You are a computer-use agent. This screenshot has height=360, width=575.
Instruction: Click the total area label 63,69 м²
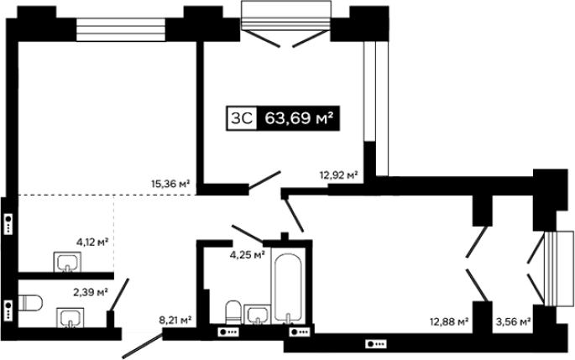[299, 118]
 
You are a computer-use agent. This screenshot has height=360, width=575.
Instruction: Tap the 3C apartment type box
[242, 118]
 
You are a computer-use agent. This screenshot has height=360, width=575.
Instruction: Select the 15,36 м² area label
[170, 183]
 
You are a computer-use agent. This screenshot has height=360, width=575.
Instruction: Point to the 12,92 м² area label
[339, 175]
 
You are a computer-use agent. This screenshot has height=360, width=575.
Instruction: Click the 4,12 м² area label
[92, 242]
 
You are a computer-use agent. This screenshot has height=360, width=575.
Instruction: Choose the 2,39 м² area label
[91, 293]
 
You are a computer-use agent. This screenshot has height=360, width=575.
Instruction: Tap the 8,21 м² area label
[175, 321]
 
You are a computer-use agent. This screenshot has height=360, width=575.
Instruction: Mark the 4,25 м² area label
[247, 254]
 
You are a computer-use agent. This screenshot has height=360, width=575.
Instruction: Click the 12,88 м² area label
[449, 322]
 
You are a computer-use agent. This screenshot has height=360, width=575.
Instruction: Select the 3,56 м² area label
[514, 322]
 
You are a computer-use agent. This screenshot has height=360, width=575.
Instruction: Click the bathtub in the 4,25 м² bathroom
[288, 288]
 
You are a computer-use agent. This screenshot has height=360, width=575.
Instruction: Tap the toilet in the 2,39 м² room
[30, 303]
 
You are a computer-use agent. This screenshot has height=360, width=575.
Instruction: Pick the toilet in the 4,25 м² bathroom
[233, 312]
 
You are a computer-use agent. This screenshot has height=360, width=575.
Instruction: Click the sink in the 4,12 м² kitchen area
[67, 262]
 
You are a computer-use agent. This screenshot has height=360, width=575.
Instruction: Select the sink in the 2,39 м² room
[71, 317]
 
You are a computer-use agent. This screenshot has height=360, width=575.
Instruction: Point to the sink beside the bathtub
[258, 315]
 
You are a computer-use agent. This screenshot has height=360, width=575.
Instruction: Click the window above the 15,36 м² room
[121, 29]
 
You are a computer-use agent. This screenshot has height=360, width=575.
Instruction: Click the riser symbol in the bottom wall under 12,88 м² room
[376, 344]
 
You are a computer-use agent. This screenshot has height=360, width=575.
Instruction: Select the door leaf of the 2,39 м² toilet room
[119, 295]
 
